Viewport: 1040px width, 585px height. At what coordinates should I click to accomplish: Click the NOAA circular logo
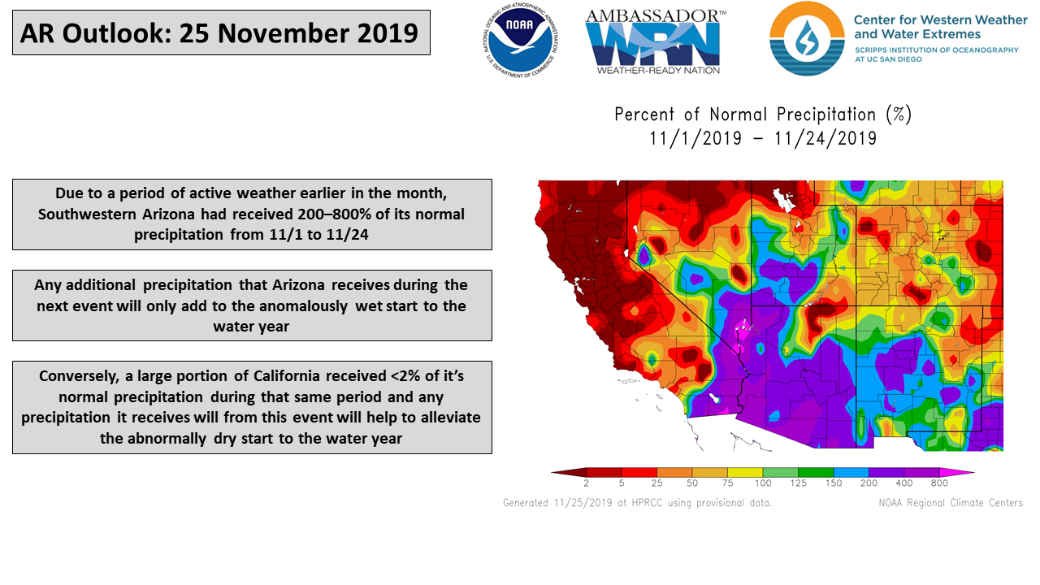520,41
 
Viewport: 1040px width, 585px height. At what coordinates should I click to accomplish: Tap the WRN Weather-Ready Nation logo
656,41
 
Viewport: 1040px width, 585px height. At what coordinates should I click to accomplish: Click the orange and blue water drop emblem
807,38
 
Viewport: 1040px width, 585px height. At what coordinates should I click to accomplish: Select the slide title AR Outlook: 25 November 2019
219,33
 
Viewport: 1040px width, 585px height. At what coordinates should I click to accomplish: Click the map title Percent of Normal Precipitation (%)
763,115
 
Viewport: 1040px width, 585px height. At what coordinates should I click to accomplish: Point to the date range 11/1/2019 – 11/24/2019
763,138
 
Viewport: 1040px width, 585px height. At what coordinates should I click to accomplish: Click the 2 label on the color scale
587,483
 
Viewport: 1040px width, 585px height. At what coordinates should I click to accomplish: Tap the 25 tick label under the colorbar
656,483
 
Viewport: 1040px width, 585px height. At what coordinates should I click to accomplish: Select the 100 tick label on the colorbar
763,483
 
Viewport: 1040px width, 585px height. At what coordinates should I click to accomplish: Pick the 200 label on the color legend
869,483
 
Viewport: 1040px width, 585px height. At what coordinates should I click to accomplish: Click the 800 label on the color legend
939,483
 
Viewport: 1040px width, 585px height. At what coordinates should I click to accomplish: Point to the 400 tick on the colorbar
904,483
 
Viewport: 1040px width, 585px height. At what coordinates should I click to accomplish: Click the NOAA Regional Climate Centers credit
951,503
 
